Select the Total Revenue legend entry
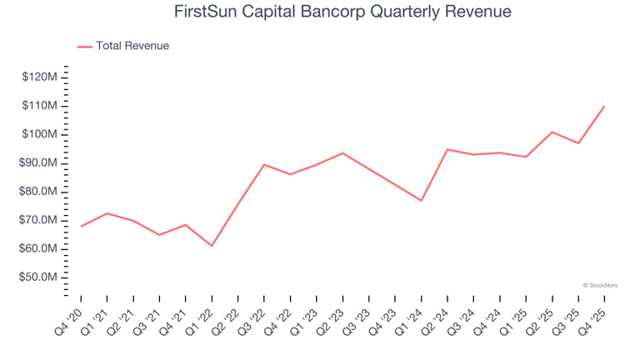coord(132,46)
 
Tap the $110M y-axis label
coord(40,106)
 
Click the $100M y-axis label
coord(40,134)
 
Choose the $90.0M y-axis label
coord(39,163)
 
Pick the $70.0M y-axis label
coord(39,220)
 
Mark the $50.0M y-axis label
coord(39,277)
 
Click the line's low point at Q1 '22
coord(212,246)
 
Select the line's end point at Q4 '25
coord(604,106)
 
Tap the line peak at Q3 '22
coord(264,164)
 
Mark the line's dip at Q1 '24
coord(421,201)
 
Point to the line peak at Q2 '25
coord(552,132)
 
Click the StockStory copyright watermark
coord(600,285)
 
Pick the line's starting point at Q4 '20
coord(81,226)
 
